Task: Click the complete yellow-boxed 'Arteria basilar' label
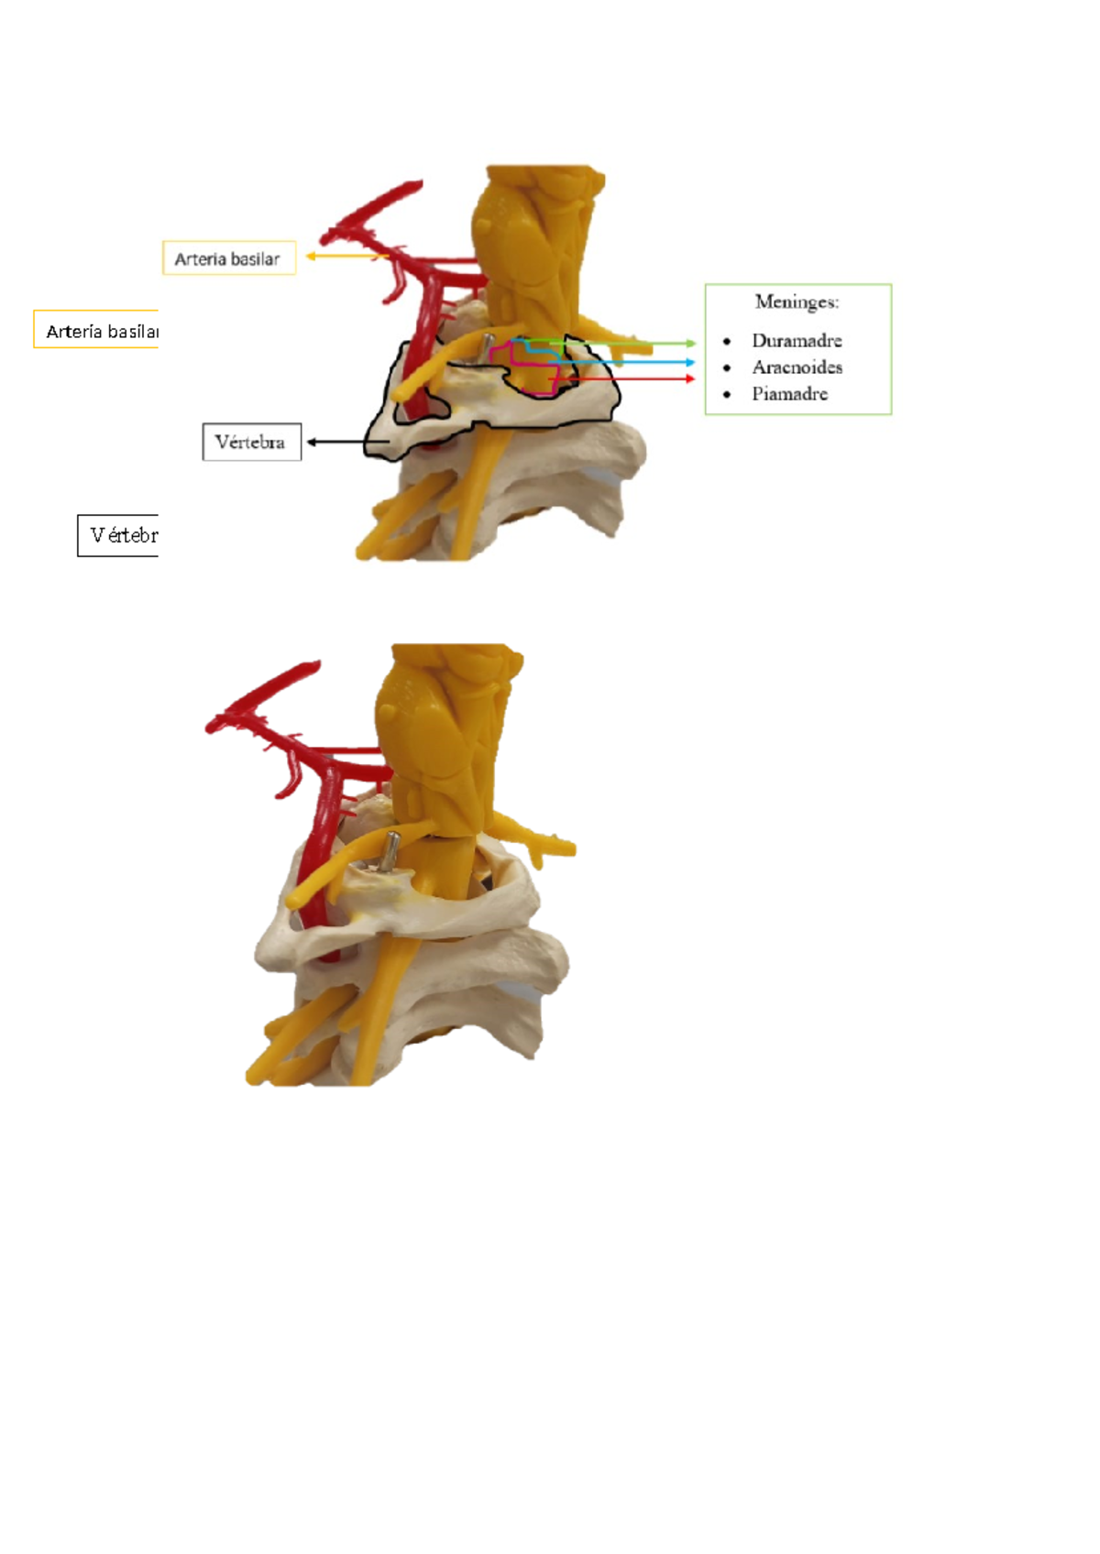228,258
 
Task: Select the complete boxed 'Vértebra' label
251,442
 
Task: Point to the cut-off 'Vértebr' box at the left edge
119,535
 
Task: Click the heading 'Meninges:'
797,301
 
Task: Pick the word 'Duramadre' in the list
797,341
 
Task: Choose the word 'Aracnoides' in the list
797,367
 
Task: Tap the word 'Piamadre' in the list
789,394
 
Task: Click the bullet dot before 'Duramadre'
727,342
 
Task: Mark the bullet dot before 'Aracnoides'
727,368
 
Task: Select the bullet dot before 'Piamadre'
727,395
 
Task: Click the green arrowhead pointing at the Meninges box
691,344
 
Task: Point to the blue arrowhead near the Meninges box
690,363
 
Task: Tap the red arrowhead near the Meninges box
690,378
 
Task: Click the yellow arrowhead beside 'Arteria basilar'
311,257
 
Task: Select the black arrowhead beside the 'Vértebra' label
312,442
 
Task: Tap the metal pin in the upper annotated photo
488,348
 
